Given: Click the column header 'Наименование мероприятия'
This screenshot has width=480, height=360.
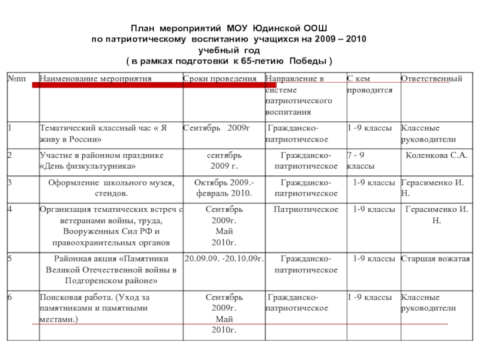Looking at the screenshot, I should [x=95, y=79].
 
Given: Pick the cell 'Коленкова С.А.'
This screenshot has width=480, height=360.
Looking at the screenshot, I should [x=436, y=155].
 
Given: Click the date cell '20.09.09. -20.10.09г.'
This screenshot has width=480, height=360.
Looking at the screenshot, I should [x=224, y=259].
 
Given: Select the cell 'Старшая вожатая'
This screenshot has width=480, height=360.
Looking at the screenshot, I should [x=436, y=259].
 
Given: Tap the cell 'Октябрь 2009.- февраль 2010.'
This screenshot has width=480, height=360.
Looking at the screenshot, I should [x=224, y=188].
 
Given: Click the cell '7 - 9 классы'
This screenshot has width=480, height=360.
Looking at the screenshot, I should [x=362, y=160].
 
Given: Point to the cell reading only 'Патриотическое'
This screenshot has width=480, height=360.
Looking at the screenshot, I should [x=305, y=209].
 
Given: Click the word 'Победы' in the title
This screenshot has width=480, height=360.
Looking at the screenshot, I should [x=308, y=62].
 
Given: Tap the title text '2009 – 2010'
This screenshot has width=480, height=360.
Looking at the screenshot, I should [x=344, y=39].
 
